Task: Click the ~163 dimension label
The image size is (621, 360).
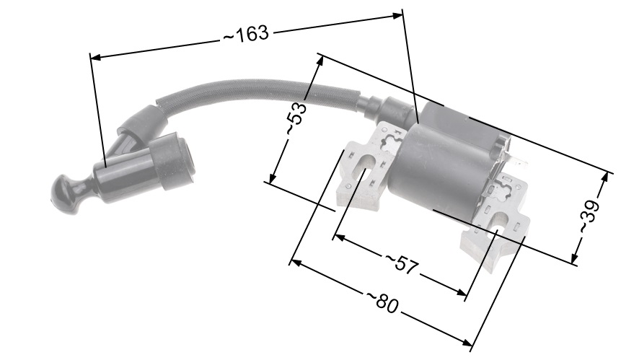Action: pos(246,35)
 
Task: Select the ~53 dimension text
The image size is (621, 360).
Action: pos(296,119)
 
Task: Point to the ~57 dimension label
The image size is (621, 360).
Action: pos(402,263)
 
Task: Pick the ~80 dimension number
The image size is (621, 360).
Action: pos(382,302)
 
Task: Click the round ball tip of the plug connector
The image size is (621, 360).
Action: pos(62,192)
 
